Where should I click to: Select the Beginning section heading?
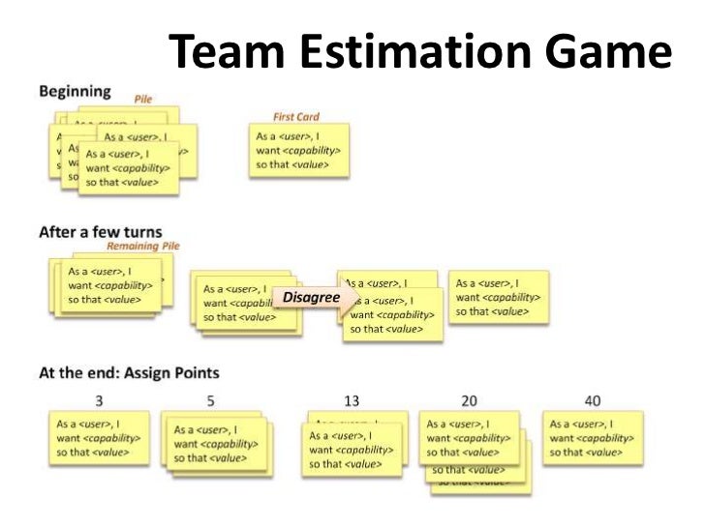coord(75,93)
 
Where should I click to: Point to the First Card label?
coord(295,117)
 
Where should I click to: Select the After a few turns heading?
coord(100,232)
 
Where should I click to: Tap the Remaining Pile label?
coord(150,247)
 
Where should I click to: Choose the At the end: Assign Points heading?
coord(129,372)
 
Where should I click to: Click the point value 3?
coord(100,400)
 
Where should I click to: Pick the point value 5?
coord(210,400)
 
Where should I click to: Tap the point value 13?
coord(352,400)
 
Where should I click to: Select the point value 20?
coord(469,400)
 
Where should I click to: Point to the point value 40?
coord(592,400)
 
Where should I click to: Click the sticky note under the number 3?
coord(100,438)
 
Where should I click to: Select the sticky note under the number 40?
coord(593,438)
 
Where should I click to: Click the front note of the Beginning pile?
coord(128,168)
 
